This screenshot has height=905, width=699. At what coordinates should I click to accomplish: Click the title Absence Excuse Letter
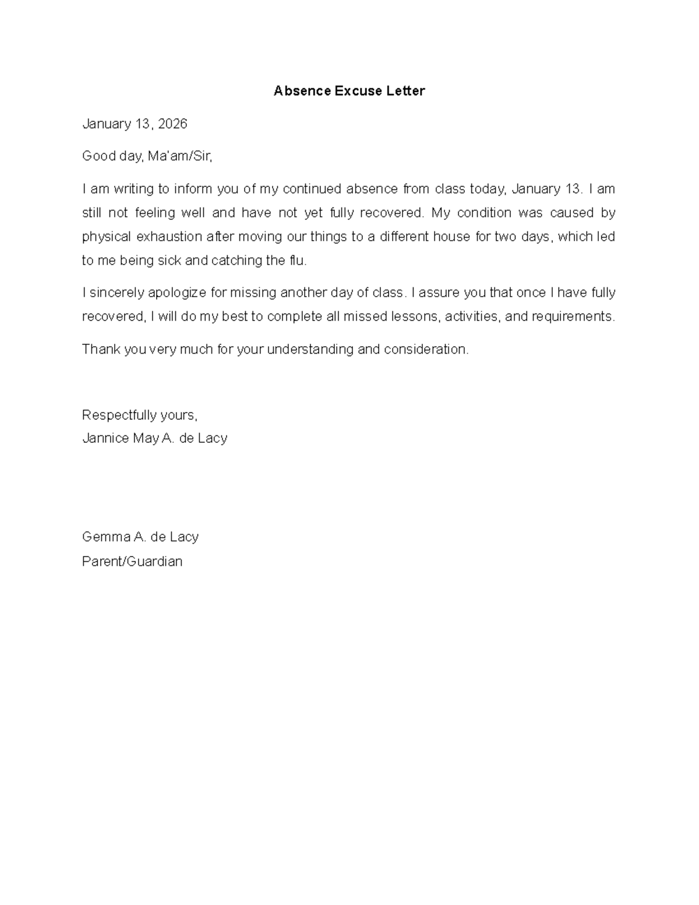click(349, 91)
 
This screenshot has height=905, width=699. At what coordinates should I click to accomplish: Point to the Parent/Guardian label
click(132, 561)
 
